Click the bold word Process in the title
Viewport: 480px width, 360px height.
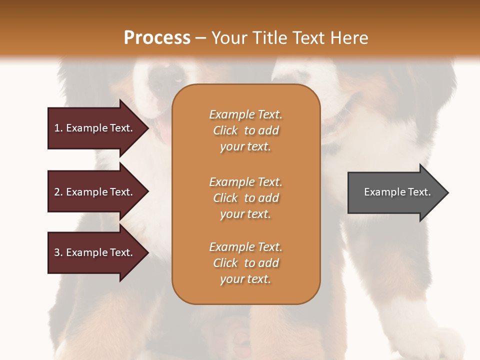(x=157, y=37)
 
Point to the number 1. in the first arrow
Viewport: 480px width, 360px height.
(x=58, y=128)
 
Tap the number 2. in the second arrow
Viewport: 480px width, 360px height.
(x=58, y=192)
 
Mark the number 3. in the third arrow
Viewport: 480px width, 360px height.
(x=58, y=252)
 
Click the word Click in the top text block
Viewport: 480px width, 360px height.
(x=225, y=130)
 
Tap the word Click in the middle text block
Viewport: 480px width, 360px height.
(x=225, y=198)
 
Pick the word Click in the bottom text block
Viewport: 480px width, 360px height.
(x=225, y=263)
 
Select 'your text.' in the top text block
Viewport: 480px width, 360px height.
(x=245, y=146)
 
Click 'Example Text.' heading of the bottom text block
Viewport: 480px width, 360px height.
(x=245, y=247)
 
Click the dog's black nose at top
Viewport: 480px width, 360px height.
(x=167, y=75)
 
